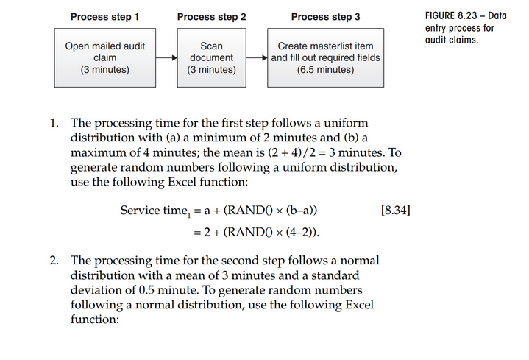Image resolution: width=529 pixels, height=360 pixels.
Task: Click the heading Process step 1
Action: (104, 16)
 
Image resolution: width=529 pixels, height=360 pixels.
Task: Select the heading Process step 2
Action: (211, 16)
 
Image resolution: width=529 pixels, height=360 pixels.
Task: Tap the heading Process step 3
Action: (325, 16)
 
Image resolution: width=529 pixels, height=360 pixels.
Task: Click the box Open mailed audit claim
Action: (104, 57)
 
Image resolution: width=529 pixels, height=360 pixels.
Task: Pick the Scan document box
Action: (211, 57)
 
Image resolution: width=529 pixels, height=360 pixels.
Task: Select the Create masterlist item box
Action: (325, 57)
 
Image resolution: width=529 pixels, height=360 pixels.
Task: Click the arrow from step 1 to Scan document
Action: (166, 57)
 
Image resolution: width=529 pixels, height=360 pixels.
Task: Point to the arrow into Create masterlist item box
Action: (258, 57)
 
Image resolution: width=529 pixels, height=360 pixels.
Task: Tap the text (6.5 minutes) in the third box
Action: (325, 70)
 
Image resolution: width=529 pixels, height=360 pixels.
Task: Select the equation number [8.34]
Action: (396, 211)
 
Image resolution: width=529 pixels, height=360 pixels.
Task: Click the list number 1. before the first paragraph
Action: (55, 123)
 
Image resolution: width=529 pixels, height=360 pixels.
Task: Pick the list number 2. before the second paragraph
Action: (55, 261)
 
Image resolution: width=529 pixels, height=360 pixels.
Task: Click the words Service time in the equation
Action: (151, 211)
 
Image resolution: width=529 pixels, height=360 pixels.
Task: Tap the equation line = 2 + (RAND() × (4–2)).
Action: (256, 233)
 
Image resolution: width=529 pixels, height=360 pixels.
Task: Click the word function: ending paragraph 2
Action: (94, 320)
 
